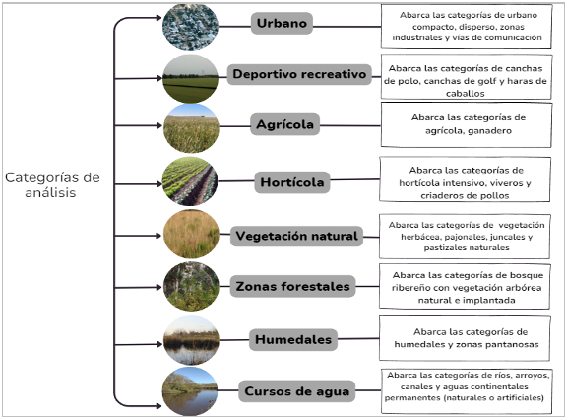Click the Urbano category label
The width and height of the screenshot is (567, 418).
(282, 23)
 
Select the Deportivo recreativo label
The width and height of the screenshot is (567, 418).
(299, 74)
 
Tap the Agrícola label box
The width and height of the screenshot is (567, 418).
(284, 124)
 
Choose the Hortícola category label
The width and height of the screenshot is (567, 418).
(292, 182)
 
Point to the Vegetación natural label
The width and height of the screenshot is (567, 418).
(296, 236)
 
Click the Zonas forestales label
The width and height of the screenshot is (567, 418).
(293, 286)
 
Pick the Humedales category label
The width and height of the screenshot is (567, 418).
(293, 339)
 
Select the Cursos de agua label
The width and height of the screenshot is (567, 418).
(297, 391)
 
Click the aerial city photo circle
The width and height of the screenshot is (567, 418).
(191, 27)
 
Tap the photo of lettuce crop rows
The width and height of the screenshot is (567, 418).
(190, 181)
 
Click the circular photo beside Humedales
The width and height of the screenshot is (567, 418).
(191, 340)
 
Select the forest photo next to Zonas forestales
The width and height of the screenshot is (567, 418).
(191, 287)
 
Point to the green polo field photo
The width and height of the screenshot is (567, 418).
(191, 79)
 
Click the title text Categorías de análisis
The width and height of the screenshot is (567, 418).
(52, 184)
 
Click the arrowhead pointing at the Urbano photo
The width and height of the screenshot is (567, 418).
(158, 18)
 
